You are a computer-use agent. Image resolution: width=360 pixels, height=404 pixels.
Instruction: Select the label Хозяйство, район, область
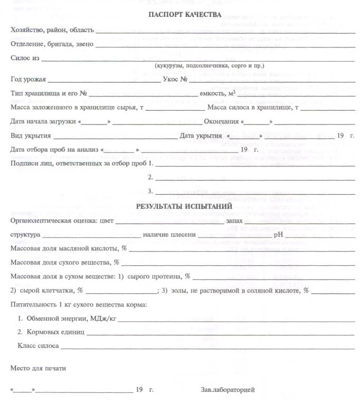pyautogui.click(x=52, y=30)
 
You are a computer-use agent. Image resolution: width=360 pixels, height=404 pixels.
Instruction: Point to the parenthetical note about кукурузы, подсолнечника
pyautogui.click(x=209, y=66)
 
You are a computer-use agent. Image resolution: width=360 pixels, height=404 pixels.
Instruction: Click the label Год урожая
pyautogui.click(x=28, y=80)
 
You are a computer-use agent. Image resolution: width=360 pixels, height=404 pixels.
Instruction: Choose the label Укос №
pyautogui.click(x=176, y=80)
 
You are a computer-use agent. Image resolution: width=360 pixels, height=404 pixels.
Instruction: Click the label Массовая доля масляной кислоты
pyautogui.click(x=69, y=248)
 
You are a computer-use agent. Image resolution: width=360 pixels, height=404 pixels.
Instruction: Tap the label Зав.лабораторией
pyautogui.click(x=228, y=390)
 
